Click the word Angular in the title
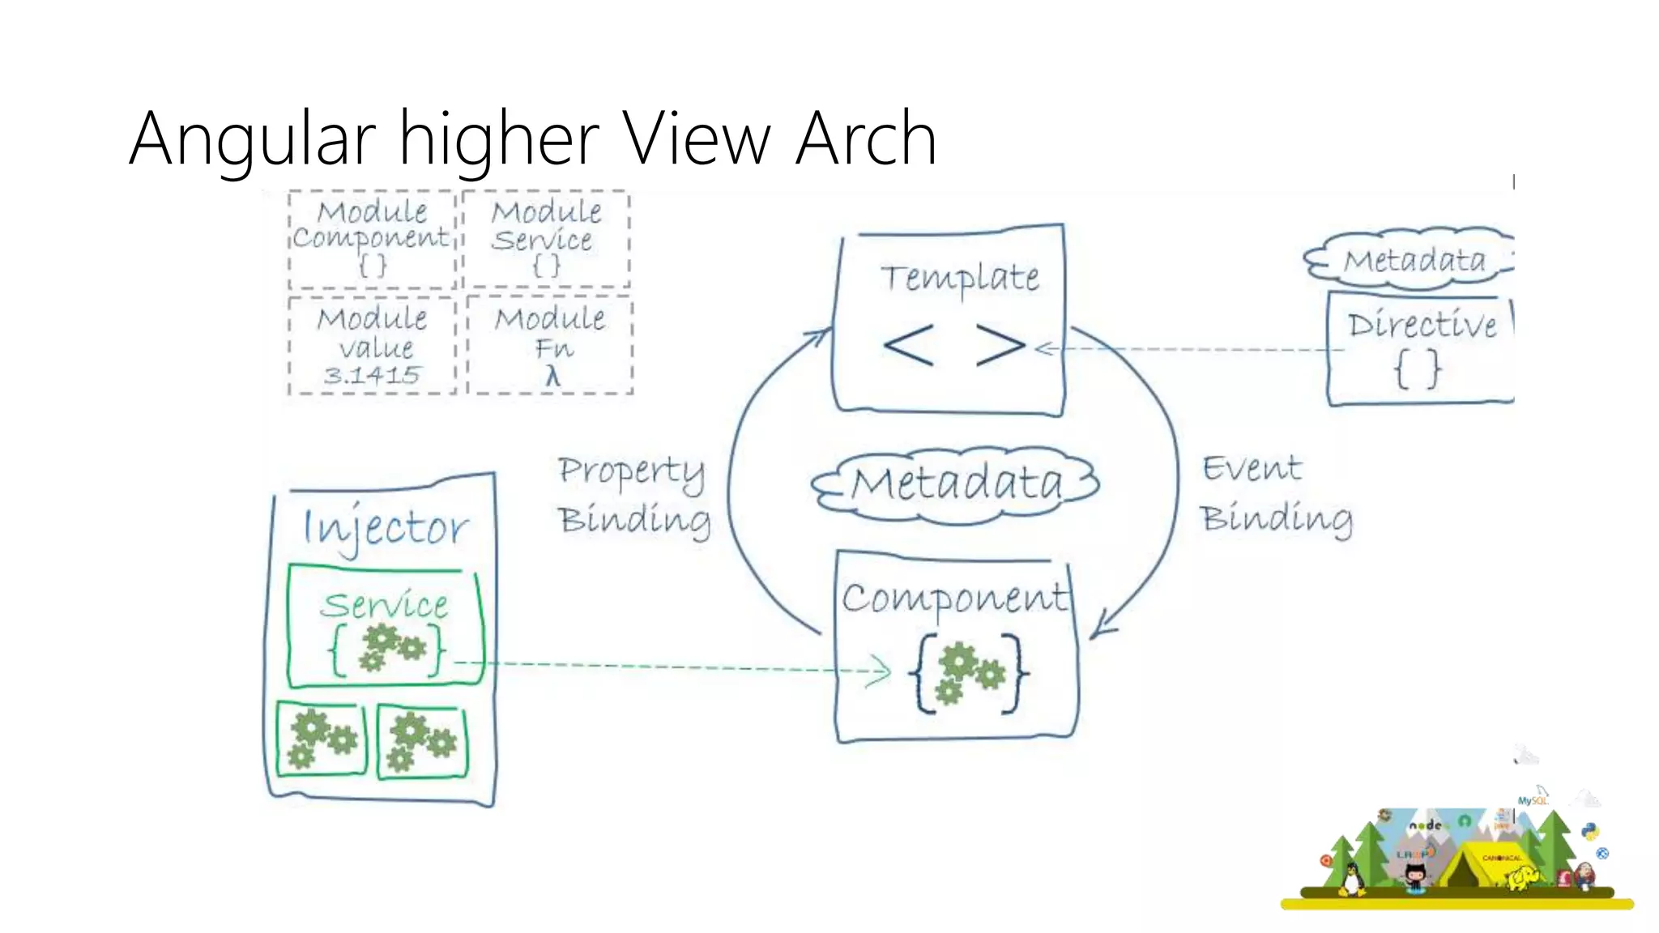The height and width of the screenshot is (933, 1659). pos(252,139)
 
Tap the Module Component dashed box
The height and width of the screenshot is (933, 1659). pos(372,239)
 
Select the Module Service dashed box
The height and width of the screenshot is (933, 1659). pos(546,238)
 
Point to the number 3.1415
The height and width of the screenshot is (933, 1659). pos(372,376)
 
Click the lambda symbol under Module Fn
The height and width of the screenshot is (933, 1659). pos(552,377)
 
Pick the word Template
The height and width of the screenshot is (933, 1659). pos(960,277)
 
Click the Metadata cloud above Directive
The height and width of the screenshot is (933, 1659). pos(1414,260)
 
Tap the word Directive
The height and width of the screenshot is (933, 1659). pos(1422,325)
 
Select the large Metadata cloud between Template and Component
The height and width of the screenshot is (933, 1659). pos(956,484)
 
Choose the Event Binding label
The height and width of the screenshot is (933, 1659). pos(1276,494)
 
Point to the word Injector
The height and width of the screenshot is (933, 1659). pos(385,528)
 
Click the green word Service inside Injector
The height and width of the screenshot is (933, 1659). pos(384,605)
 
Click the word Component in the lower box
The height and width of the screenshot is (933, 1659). pos(954,599)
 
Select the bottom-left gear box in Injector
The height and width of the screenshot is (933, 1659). pos(322,739)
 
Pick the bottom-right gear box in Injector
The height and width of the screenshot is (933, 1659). pos(422,740)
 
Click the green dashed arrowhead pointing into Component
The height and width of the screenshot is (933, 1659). pos(879,671)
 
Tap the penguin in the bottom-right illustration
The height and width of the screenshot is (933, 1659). pos(1350,879)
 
